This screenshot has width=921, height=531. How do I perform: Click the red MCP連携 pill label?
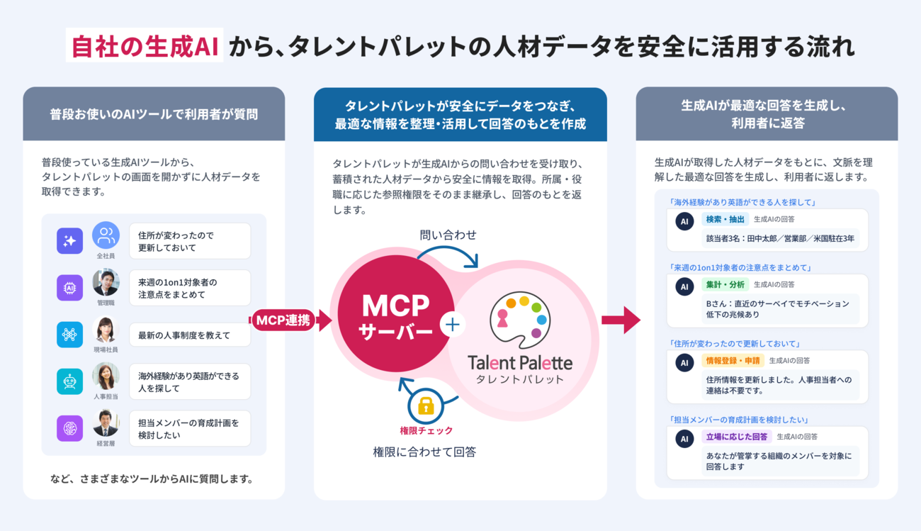[x=283, y=320]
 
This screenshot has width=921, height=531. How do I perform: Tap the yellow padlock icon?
[x=426, y=406]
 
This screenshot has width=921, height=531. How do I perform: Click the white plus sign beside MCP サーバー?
[x=453, y=325]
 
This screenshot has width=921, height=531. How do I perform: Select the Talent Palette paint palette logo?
[x=520, y=320]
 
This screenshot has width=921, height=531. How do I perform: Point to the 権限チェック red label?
[x=426, y=430]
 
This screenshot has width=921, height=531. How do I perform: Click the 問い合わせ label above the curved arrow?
[x=448, y=235]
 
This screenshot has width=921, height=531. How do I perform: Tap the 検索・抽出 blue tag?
[x=725, y=219]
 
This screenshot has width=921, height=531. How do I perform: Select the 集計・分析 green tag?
[x=725, y=284]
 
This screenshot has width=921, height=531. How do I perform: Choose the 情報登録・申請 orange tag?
[x=733, y=361]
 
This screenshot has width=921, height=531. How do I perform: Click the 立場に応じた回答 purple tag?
[x=736, y=437]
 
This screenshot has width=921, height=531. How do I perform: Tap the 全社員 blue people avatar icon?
[x=106, y=235]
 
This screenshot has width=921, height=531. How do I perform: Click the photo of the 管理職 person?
[x=106, y=282]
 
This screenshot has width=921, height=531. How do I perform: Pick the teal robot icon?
[x=69, y=381]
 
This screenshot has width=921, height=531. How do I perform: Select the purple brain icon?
[x=69, y=428]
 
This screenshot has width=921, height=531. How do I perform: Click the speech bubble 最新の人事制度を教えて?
[x=190, y=335]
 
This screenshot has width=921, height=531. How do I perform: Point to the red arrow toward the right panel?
[x=621, y=320]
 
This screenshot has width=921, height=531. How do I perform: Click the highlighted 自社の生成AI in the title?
[x=145, y=45]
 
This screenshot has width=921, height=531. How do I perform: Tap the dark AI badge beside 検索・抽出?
[x=684, y=221]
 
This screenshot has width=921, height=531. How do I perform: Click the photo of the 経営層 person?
[x=106, y=423]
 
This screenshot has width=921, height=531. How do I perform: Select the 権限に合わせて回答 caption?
[x=424, y=452]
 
